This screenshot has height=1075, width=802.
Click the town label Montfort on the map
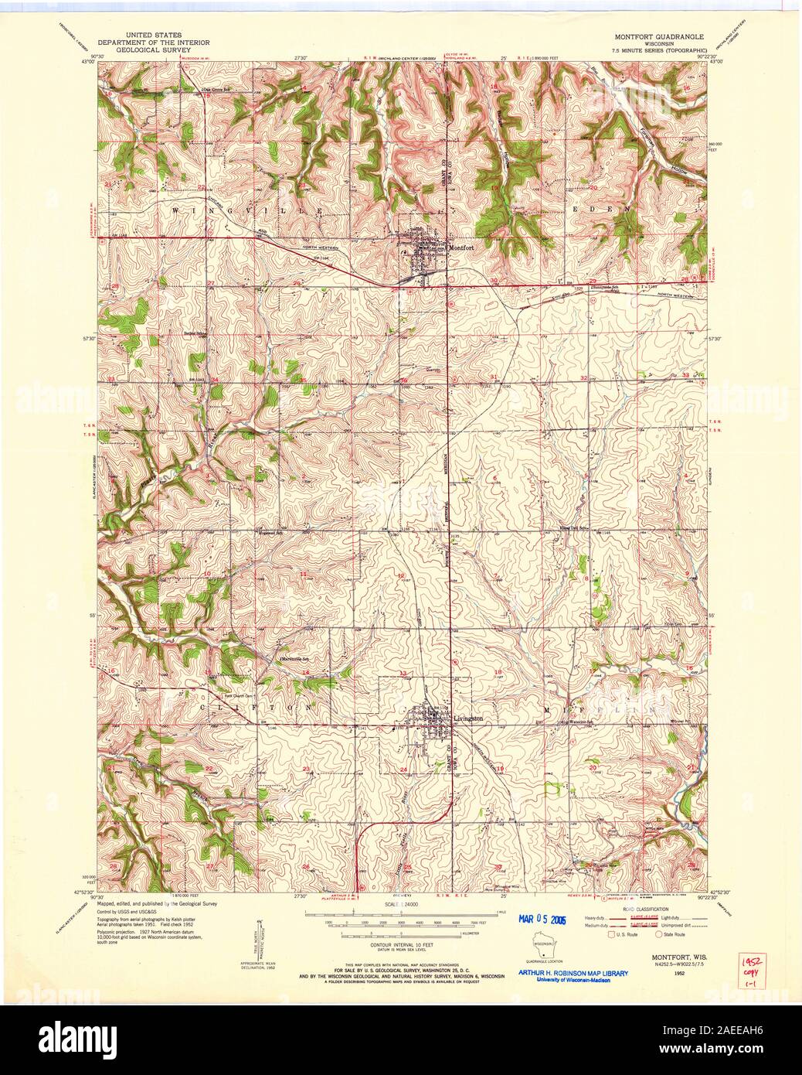[461, 247]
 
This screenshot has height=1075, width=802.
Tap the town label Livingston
[468, 718]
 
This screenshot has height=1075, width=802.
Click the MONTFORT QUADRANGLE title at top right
[659, 36]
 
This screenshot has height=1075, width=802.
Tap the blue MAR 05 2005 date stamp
[533, 918]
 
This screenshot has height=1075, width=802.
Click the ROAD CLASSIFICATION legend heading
[658, 909]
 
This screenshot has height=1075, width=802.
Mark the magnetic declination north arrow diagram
[260, 940]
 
